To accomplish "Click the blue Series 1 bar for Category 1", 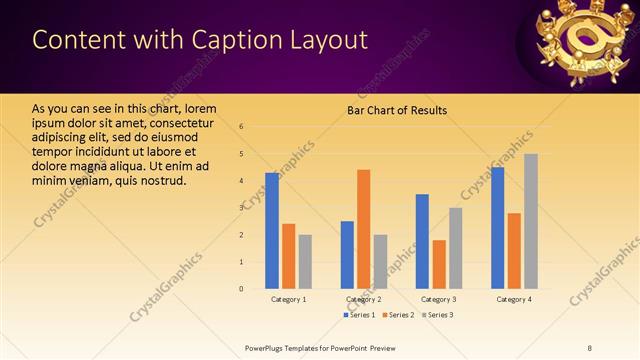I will point(272,230).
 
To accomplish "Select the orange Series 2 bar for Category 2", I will point(363,229).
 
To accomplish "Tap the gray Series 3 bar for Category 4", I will point(531,221).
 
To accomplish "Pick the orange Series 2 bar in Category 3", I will point(439,264).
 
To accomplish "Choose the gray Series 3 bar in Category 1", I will point(305,261).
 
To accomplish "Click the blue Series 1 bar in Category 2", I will point(347,254).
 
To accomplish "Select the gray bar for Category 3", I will point(455,248).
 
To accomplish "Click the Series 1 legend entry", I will point(360,315).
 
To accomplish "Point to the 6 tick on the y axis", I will point(241,127).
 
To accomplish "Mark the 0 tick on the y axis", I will point(241,289).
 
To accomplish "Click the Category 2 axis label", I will point(363,299).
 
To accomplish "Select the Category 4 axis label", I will point(514,299).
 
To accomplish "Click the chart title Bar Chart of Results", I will point(397,110).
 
